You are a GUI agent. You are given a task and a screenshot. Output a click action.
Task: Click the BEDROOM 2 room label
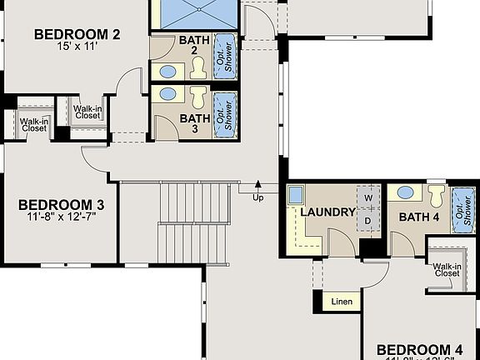point(77,34)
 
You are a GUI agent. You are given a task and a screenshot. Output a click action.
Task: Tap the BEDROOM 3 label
point(61,205)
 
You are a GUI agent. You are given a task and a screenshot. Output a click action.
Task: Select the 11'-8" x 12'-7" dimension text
point(61,218)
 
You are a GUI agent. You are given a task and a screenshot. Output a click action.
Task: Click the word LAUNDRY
point(327,212)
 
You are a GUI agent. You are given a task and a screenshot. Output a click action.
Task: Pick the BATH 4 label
point(419,217)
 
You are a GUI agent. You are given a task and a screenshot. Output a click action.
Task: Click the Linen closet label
point(342,301)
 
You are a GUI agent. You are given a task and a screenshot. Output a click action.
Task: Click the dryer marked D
point(367,221)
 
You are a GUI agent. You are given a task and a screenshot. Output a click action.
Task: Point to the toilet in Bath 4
point(437,196)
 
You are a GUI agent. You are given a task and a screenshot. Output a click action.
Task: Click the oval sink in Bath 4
point(406,193)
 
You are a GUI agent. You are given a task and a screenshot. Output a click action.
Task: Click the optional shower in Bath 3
point(222,113)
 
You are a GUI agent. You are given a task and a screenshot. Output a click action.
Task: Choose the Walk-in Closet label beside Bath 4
point(447,269)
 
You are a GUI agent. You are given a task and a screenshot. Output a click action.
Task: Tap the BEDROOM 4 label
point(418,349)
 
